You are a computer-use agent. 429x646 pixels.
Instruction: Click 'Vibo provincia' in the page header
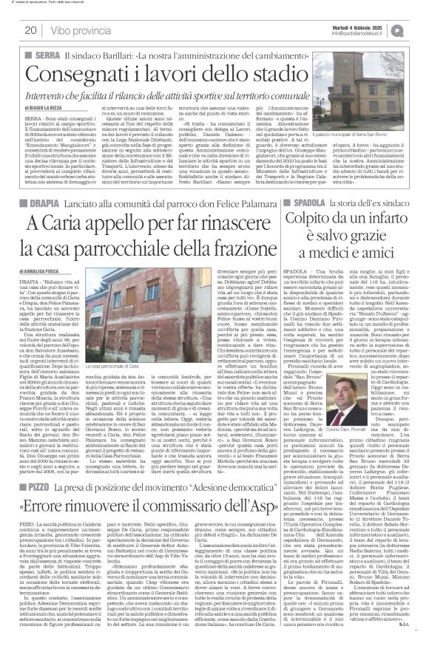78,31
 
